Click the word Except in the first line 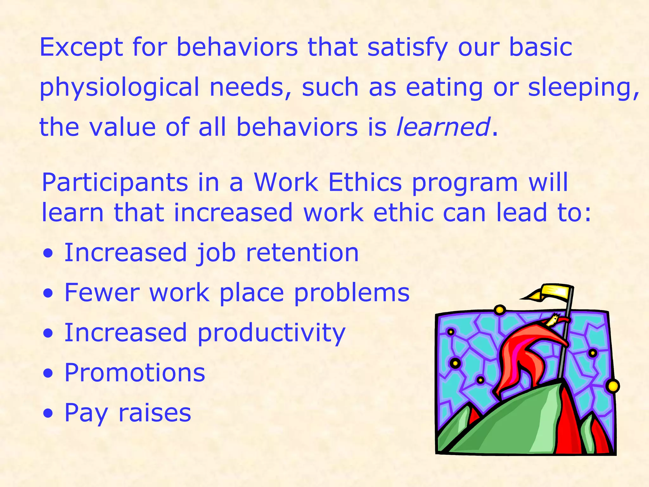[81, 48]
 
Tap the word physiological [119, 88]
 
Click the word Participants [115, 183]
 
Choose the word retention [302, 253]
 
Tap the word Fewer [102, 292]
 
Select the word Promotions [135, 373]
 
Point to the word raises [155, 412]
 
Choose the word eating [444, 88]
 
